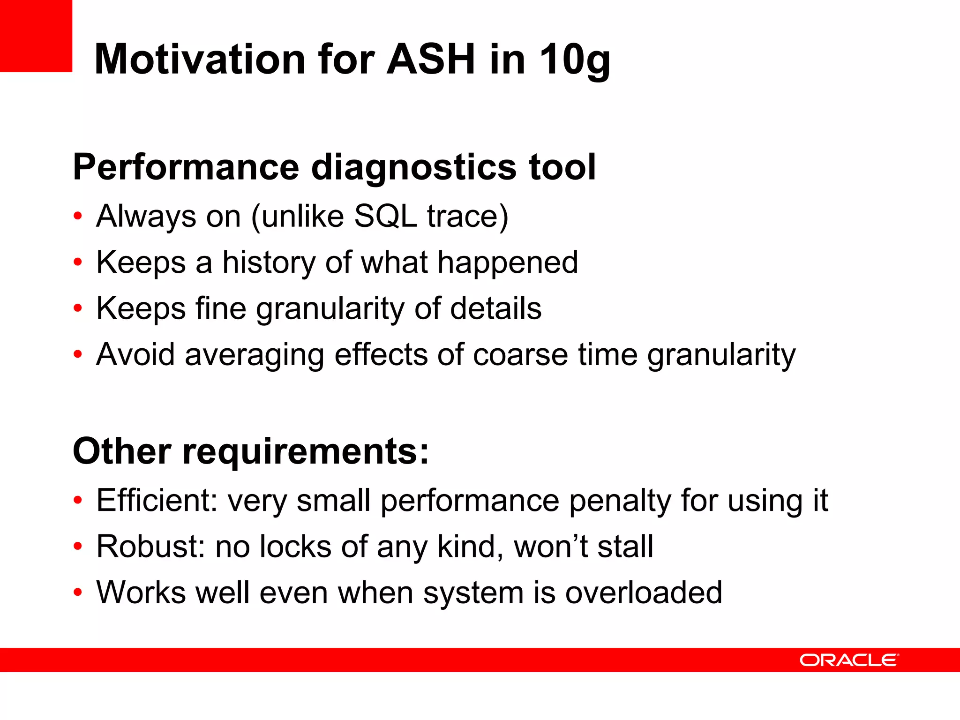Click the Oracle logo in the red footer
(x=849, y=660)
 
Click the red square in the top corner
(x=36, y=36)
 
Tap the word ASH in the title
(x=431, y=60)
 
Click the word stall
(x=625, y=547)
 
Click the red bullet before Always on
(x=78, y=217)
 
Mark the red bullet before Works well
(x=78, y=592)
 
